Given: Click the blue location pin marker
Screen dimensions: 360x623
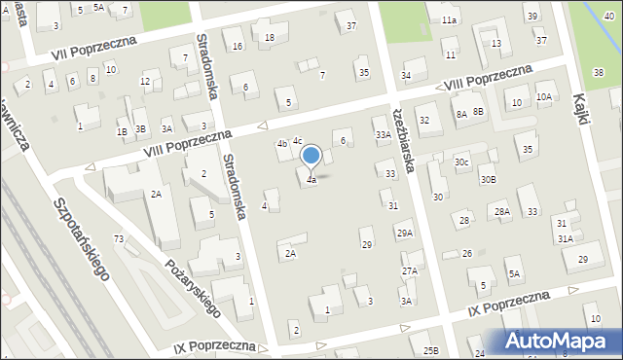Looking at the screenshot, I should (311, 157).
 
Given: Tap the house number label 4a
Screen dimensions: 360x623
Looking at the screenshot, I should (311, 180).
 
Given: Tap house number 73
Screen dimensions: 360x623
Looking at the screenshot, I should (119, 238).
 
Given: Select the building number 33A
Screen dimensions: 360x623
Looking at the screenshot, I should (384, 135).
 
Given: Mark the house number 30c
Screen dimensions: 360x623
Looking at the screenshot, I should (461, 162).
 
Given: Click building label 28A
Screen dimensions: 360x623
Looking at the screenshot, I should (501, 212).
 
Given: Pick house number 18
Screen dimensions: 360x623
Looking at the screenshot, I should (270, 37).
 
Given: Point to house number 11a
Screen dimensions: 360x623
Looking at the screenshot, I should (449, 19).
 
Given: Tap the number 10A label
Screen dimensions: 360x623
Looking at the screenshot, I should (544, 96).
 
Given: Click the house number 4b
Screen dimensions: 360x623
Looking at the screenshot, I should (282, 144).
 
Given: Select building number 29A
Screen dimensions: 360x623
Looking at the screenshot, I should (404, 233).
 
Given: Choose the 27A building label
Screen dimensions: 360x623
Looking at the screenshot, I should (410, 270).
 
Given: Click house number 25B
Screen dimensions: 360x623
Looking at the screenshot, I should (430, 350).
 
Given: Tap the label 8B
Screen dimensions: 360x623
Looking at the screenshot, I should (479, 112).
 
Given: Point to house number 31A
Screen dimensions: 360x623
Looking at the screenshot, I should (565, 238).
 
